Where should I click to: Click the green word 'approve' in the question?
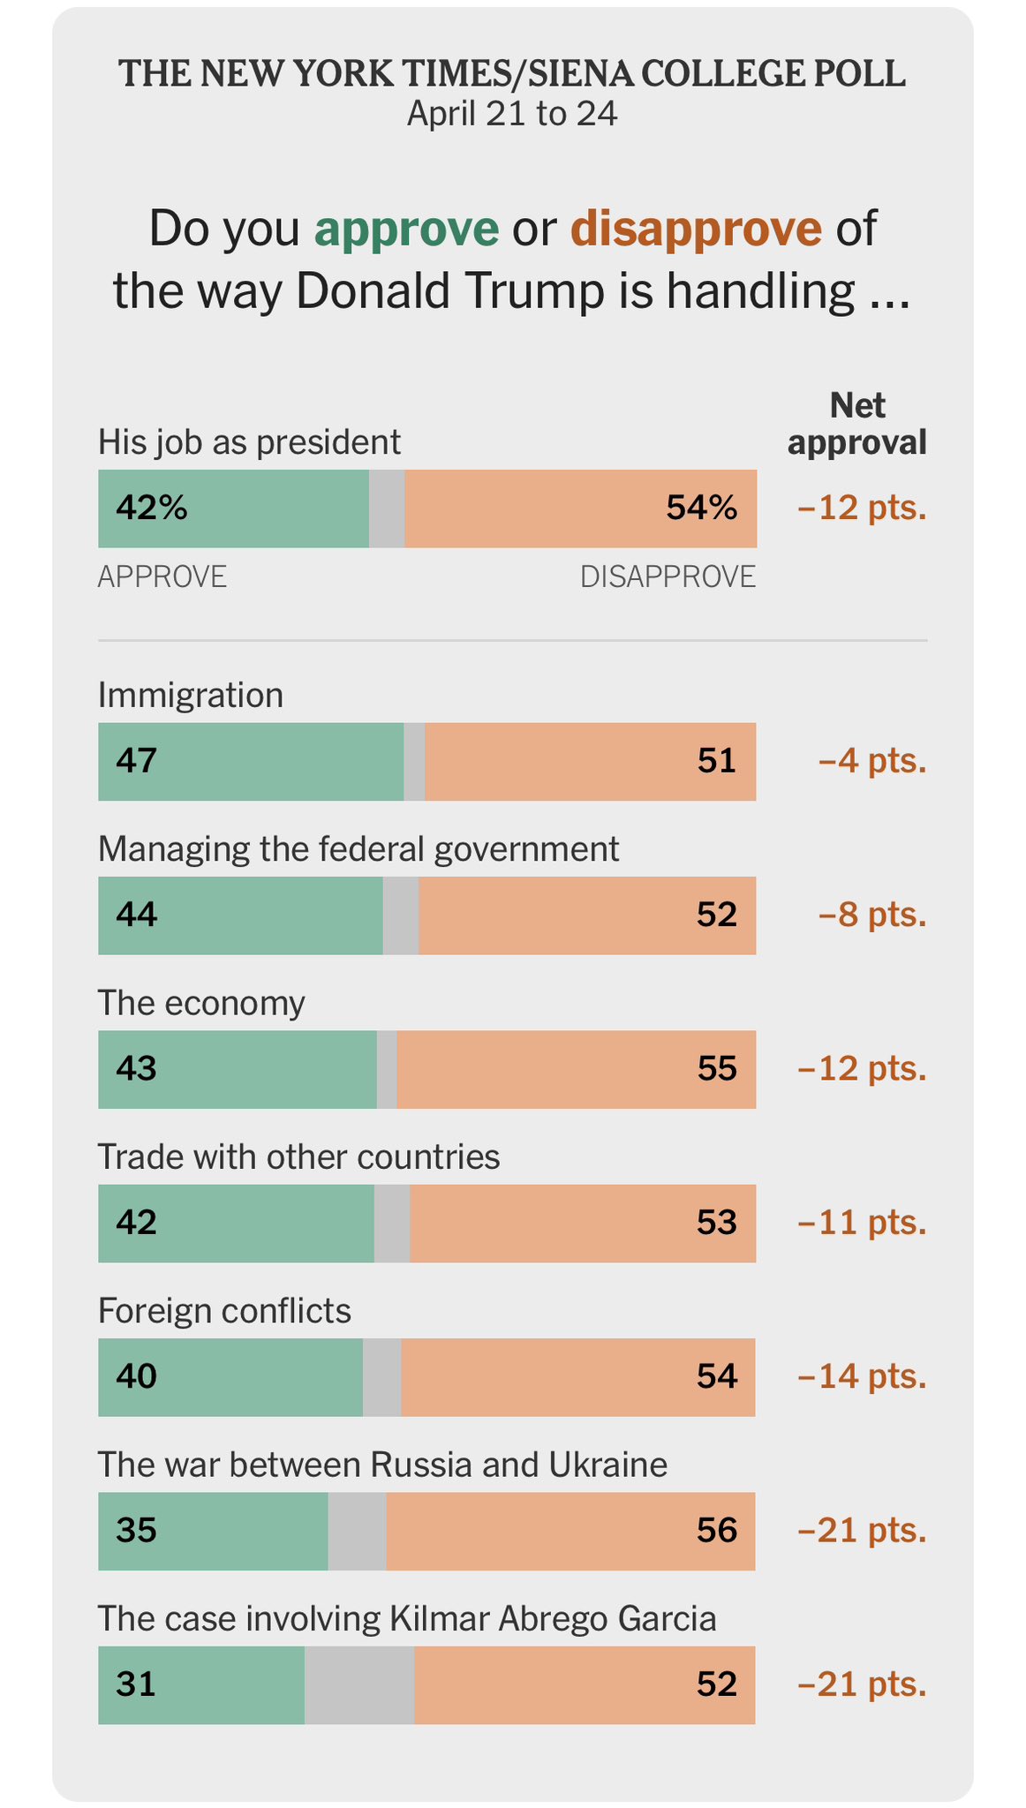pyautogui.click(x=406, y=229)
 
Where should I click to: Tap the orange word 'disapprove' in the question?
pyautogui.click(x=696, y=229)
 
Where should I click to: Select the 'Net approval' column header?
pyautogui.click(x=856, y=424)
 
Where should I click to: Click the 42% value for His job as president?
pyautogui.click(x=152, y=508)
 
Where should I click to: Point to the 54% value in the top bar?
pyautogui.click(x=701, y=508)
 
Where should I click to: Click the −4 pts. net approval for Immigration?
pyautogui.click(x=872, y=761)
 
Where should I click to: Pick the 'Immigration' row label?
pyautogui.click(x=191, y=696)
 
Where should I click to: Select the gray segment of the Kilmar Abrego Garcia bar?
pyautogui.click(x=359, y=1684)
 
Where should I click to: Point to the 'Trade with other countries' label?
pyautogui.click(x=298, y=1156)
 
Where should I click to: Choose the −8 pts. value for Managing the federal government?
pyautogui.click(x=872, y=915)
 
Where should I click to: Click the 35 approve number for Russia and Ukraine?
pyautogui.click(x=137, y=1530)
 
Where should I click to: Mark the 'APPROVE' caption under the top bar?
pyautogui.click(x=162, y=576)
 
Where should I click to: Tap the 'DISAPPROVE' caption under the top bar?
pyautogui.click(x=668, y=576)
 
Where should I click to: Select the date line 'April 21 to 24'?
pyautogui.click(x=512, y=114)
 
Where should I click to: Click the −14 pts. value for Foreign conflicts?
pyautogui.click(x=862, y=1377)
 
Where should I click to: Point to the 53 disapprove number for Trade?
pyautogui.click(x=716, y=1223)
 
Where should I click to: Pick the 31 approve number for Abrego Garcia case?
pyautogui.click(x=136, y=1684)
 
